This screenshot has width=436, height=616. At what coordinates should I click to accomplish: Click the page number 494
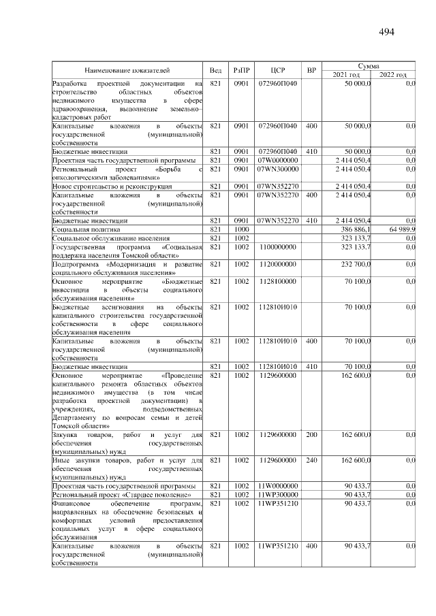[386, 32]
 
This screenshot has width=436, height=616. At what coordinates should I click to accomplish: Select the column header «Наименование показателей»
[127, 70]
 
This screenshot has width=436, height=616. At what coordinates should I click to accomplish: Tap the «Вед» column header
[215, 70]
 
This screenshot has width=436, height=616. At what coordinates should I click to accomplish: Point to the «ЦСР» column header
[277, 70]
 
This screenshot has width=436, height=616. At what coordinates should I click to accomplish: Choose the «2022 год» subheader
[393, 74]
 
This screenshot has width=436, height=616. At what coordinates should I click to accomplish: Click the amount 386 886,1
[354, 230]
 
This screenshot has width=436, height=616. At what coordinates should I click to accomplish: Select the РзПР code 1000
[242, 230]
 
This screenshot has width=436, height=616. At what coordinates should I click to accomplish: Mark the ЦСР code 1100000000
[277, 248]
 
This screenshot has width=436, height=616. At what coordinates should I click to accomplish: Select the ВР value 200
[311, 435]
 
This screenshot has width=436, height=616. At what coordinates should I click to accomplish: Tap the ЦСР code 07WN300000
[277, 168]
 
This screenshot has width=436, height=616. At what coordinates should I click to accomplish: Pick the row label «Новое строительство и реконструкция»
[112, 186]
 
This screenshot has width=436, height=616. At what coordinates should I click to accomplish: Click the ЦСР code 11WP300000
[277, 494]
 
